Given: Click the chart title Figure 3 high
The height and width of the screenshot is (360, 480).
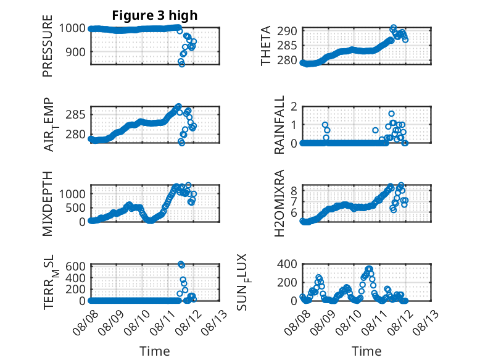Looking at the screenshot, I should coord(155,16).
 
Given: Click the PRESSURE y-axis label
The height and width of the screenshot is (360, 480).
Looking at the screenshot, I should coord(48,50).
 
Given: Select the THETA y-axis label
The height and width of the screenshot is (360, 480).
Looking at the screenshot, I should coord(266,46).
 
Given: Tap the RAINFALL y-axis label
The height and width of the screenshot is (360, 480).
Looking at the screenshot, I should coord(279,125).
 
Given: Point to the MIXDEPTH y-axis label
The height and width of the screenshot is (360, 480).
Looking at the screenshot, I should coord(48,203).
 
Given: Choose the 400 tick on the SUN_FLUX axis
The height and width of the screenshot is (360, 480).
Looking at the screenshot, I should coord(289,264).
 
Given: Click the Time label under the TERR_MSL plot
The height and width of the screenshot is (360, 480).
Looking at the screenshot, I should coord(155,351).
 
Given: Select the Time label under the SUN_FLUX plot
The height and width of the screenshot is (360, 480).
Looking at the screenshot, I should coord(366,351).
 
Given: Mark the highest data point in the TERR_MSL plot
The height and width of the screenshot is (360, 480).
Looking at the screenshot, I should coord(181,264).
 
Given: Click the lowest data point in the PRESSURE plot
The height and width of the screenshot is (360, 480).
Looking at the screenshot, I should coord(181,64).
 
